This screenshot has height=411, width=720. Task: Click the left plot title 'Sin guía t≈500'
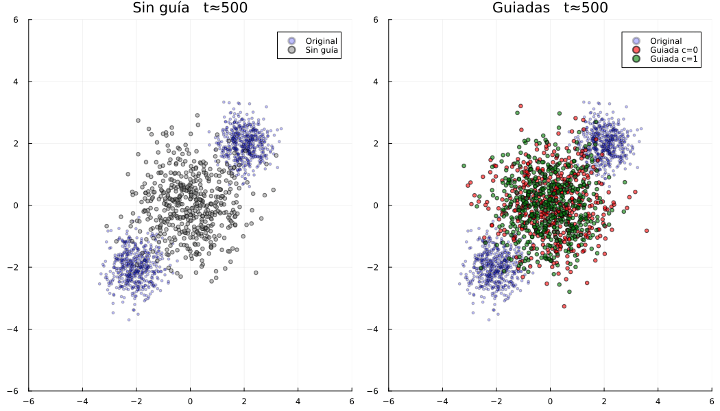pos(190,8)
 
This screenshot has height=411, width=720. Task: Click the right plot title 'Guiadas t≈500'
pos(550,8)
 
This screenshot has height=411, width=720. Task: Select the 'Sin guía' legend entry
pos(322,50)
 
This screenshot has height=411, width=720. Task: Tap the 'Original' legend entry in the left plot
pos(322,41)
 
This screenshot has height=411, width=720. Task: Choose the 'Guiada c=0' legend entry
pos(673,50)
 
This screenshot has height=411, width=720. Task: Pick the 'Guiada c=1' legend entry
pos(673,59)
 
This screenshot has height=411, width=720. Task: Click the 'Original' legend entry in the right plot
pos(666,41)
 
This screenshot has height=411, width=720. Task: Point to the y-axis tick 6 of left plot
pos(22,20)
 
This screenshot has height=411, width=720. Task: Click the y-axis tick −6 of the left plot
pos(21,391)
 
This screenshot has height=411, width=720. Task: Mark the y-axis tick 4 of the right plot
pos(381,82)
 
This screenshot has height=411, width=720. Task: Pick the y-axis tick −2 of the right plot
pos(380,267)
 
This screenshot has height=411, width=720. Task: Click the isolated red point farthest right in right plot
pos(647,231)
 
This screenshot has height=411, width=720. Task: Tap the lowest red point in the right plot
pos(564,306)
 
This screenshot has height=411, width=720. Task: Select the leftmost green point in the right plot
pos(464,166)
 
